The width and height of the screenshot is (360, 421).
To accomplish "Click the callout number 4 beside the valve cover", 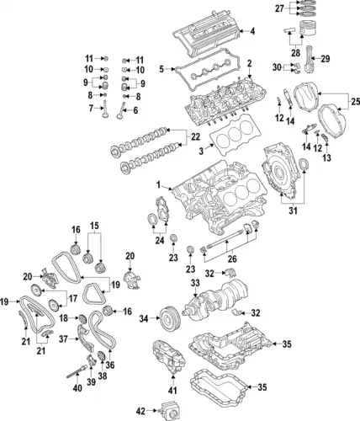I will point(251,32).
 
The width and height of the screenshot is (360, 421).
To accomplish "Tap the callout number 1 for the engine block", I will point(157,184).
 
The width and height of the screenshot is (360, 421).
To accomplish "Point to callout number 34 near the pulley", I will point(143,318).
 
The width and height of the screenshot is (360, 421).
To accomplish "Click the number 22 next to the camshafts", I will point(196,137).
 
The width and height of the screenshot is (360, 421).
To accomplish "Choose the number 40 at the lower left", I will point(77,388).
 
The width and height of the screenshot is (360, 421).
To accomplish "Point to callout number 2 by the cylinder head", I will point(248,62).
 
